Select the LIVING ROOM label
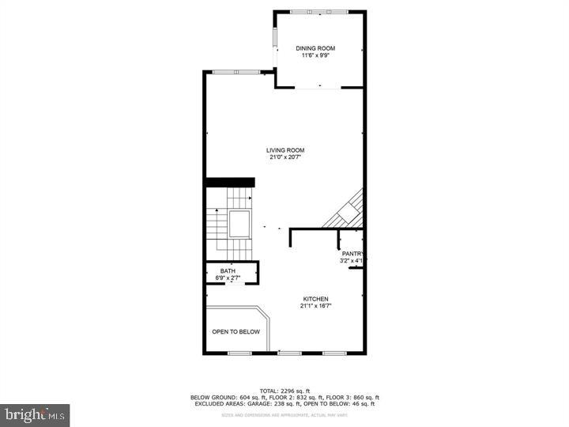click(x=285, y=150)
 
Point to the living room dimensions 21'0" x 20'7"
click(x=285, y=157)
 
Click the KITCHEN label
click(x=315, y=299)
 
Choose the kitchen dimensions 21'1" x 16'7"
click(x=315, y=306)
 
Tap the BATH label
click(x=228, y=271)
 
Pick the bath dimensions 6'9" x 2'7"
click(x=228, y=278)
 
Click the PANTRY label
click(x=352, y=254)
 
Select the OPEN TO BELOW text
click(x=236, y=331)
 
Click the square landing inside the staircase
click(x=239, y=225)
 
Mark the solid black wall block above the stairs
click(x=224, y=183)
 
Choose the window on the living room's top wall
click(x=237, y=72)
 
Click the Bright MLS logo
click(x=35, y=414)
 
